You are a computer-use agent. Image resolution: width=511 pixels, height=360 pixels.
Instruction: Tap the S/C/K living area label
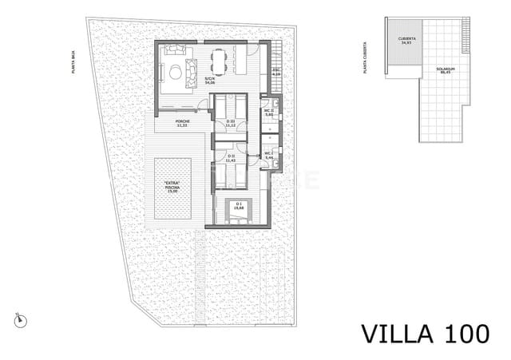coord(210,80)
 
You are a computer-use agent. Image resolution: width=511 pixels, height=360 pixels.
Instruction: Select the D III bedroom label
coord(231,124)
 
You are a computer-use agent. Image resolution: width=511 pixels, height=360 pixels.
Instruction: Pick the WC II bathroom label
coord(269,113)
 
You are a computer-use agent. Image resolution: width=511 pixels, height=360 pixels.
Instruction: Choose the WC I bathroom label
coord(269,155)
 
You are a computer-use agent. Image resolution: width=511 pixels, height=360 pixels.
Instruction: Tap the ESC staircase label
coord(276,73)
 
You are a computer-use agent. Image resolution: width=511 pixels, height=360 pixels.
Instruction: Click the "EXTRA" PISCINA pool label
coord(172,189)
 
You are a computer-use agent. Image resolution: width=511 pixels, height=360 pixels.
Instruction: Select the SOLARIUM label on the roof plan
coord(445,69)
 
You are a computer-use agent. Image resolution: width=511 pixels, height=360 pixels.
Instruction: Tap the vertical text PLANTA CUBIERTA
coord(364,55)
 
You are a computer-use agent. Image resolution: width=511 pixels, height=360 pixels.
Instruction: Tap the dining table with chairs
coord(219,58)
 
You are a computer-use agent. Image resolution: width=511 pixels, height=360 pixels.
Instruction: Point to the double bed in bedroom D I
coord(240,208)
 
